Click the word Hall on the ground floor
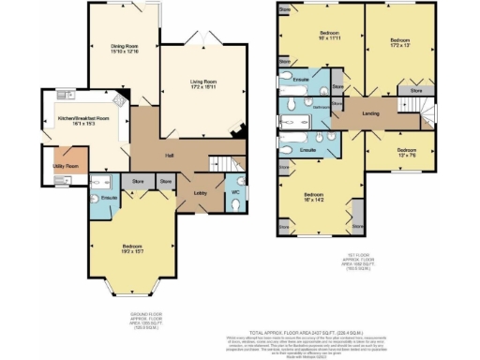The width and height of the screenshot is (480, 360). pyautogui.click(x=170, y=156)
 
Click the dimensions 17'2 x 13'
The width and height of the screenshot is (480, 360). pyautogui.click(x=399, y=47)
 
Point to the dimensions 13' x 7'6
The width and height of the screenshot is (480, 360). pyautogui.click(x=405, y=157)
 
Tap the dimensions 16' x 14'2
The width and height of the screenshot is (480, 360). pyautogui.click(x=314, y=200)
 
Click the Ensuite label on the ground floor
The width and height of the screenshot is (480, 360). pyautogui.click(x=108, y=198)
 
